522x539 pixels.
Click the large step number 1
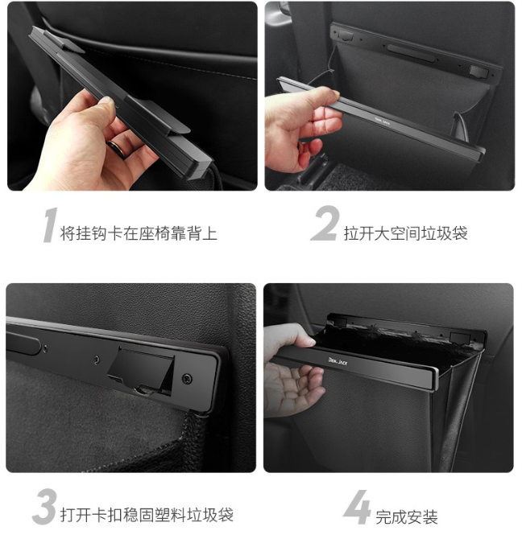pos(50,225)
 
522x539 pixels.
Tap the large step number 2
pos(325,224)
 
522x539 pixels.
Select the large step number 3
pos(45,506)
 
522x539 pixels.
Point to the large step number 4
pos(357,507)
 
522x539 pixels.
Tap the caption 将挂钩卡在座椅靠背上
pos(139,233)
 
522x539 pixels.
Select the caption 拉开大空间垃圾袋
pos(405,233)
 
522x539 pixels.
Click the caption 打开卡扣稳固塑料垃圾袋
pos(147,515)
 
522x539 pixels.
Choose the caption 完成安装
pos(406,516)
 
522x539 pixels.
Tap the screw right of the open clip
pos(187,379)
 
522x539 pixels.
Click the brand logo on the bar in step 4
pos(338,361)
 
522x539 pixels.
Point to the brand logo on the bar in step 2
pos(382,121)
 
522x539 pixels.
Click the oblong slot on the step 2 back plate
pos(411,53)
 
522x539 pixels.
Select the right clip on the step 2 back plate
pos(479,71)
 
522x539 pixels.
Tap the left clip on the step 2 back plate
pos(346,35)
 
